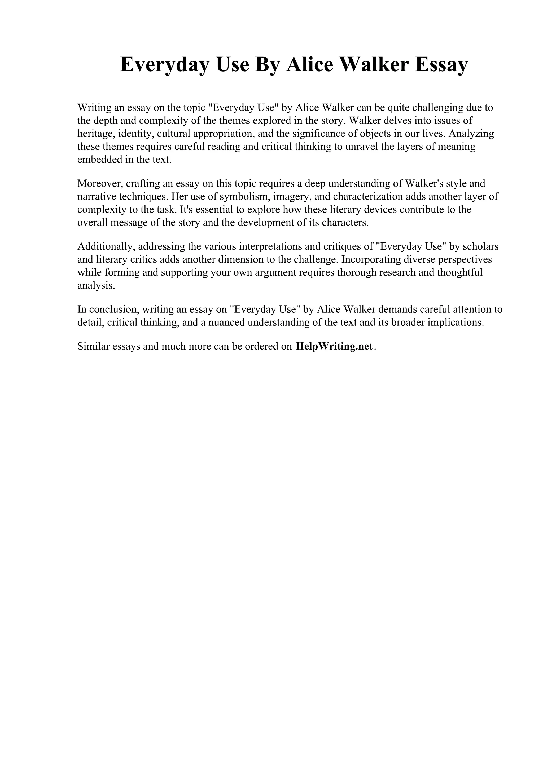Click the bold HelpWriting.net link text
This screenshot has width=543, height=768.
[334, 346]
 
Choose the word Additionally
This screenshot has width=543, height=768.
[106, 246]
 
